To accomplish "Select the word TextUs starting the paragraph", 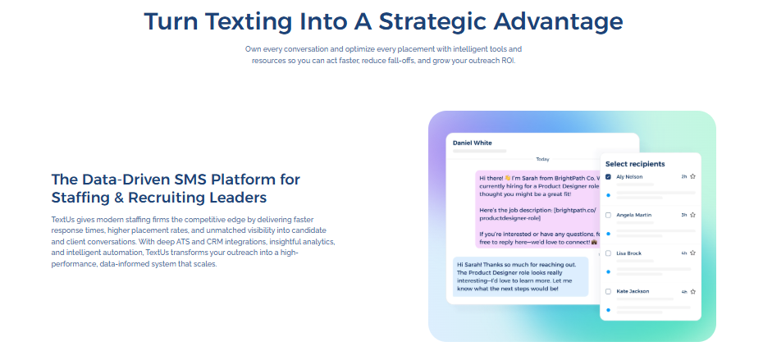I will pos(63,221).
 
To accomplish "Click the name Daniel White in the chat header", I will pos(473,143).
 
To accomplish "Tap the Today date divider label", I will pos(542,159).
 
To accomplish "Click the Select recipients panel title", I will pos(635,164).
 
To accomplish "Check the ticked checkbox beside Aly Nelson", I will pos(608,176).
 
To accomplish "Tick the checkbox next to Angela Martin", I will pos(608,215).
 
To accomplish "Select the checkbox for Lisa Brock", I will pos(608,253).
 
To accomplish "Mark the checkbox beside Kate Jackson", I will pos(608,292).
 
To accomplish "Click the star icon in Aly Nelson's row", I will pos(692,176).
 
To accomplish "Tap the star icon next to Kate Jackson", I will pos(692,292).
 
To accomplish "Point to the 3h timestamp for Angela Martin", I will pos(683,215).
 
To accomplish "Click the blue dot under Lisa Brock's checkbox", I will pos(608,271).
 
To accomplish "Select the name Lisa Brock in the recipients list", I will pos(628,253).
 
